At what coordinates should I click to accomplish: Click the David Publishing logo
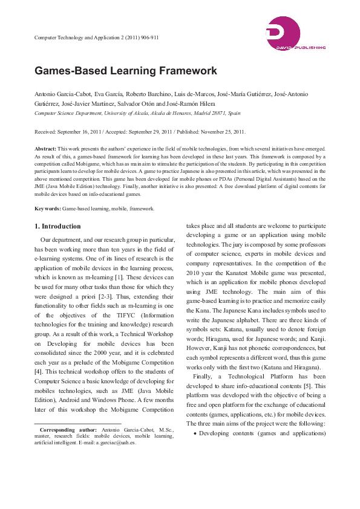click(295, 33)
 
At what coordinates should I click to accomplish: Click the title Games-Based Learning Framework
click(125, 71)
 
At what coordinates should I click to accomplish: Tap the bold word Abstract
click(45, 148)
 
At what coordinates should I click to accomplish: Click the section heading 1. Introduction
click(57, 227)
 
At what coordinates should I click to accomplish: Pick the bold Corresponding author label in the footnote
click(67, 430)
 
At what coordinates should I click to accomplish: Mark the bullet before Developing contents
click(194, 433)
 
